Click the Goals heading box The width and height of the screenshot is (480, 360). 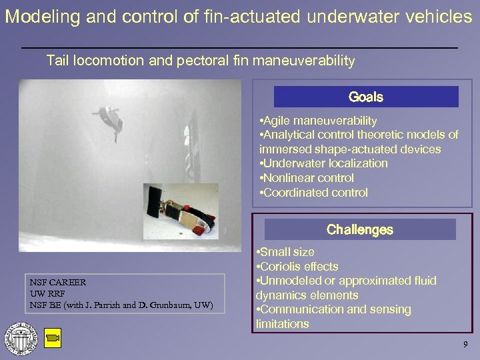point(365,97)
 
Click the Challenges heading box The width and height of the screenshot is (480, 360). point(360,230)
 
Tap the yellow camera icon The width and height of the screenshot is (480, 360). point(53,339)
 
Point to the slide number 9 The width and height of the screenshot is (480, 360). point(466,345)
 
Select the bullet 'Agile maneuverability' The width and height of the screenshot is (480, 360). point(319,121)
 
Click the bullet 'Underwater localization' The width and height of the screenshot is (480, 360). point(323,163)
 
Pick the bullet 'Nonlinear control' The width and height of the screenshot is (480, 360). point(307,178)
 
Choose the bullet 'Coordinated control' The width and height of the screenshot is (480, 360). point(313,193)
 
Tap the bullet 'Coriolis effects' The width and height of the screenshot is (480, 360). point(297,266)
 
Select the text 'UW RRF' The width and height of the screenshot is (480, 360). point(47,294)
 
